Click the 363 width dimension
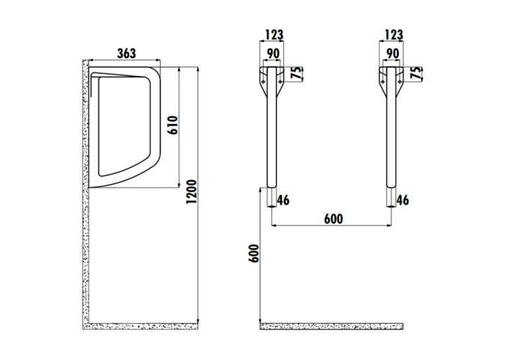126,54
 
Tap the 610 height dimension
173,126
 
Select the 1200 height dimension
191,192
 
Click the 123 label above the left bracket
274,35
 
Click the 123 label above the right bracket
393,35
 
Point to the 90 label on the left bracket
273,54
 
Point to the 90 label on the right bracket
393,54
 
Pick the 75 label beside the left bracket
296,73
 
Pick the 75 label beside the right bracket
416,73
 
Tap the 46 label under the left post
283,200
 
